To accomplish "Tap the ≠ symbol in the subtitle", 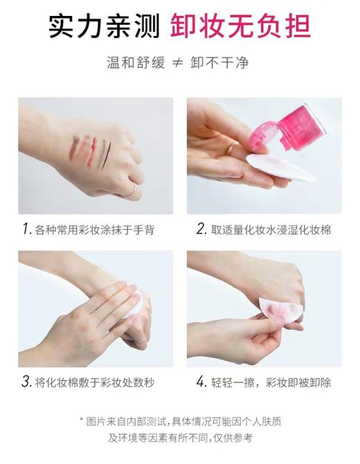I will tap(179, 63).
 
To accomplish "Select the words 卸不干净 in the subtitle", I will tap(223, 63).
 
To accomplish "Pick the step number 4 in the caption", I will tap(201, 382).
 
